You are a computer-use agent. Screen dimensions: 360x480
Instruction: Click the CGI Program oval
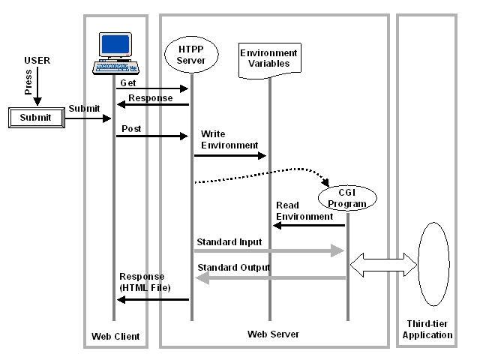click(x=347, y=199)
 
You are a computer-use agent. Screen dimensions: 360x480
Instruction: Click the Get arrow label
click(x=128, y=83)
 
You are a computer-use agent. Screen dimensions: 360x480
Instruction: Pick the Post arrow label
click(x=131, y=129)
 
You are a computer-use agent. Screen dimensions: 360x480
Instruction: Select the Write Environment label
click(x=229, y=139)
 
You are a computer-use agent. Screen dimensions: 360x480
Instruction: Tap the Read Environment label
click(x=304, y=211)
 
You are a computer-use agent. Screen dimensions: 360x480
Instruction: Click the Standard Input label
click(x=229, y=242)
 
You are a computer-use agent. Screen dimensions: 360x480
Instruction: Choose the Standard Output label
click(x=234, y=268)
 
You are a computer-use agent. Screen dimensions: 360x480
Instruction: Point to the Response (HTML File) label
click(x=145, y=282)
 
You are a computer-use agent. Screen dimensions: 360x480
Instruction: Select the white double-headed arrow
click(x=383, y=262)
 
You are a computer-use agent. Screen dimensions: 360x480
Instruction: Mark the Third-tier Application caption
click(x=427, y=330)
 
